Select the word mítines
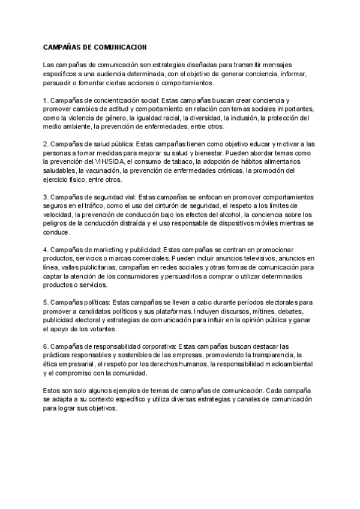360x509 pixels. coord(249,312)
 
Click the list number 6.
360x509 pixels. coord(45,347)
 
